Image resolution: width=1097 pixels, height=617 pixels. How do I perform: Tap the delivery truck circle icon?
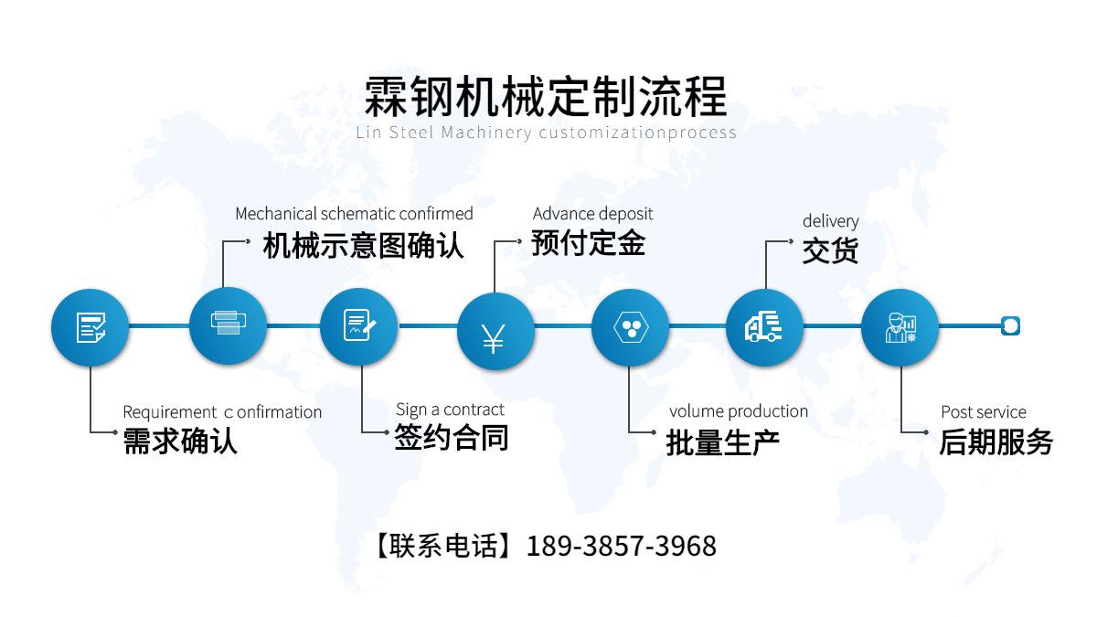[x=764, y=327]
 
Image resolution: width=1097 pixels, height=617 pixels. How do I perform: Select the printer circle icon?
[x=228, y=325]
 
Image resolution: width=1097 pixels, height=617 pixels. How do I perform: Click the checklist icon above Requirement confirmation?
[x=90, y=326]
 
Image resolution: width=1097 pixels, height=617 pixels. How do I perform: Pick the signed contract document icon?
[x=358, y=326]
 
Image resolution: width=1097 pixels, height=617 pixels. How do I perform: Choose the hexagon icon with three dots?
[x=630, y=327]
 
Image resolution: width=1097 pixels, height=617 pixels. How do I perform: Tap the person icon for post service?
[x=900, y=327]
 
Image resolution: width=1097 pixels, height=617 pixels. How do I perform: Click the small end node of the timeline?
[x=1010, y=325]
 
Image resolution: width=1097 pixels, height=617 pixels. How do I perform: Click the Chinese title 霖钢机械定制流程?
[x=546, y=95]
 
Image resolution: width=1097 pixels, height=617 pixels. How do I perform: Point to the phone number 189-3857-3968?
[x=622, y=547]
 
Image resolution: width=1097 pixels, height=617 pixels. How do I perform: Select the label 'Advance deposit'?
[x=592, y=214]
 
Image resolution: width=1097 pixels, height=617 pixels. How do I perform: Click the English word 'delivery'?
[x=830, y=221]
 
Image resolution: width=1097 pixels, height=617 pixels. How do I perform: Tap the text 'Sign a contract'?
[x=450, y=410]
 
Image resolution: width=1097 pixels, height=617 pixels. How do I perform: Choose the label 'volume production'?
[x=738, y=411]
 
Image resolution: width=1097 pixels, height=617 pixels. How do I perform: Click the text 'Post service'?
[x=983, y=412]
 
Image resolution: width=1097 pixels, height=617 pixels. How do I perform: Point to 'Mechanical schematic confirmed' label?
[x=354, y=214]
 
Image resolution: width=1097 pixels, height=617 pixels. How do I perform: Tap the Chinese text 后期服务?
[x=996, y=442]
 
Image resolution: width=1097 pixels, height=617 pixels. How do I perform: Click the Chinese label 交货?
[x=830, y=250]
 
